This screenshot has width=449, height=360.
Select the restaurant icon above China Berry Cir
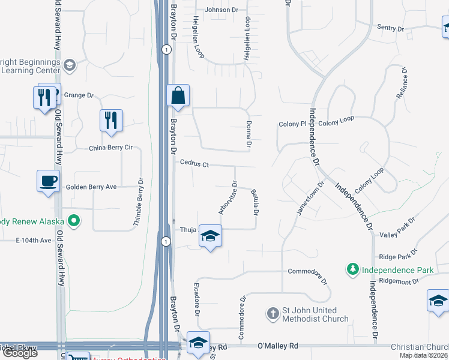pyautogui.click(x=111, y=121)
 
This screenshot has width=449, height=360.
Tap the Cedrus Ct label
pyautogui.click(x=194, y=164)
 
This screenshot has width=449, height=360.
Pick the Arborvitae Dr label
pyautogui.click(x=229, y=199)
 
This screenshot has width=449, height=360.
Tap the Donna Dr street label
pyautogui.click(x=249, y=134)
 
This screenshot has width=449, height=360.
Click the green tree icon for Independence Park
pyautogui.click(x=354, y=270)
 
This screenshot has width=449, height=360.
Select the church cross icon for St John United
pyautogui.click(x=273, y=313)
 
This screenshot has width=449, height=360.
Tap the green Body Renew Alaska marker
pyautogui.click(x=74, y=221)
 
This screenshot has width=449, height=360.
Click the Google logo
pyautogui.click(x=20, y=353)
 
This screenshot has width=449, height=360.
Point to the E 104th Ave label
pyautogui.click(x=34, y=240)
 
